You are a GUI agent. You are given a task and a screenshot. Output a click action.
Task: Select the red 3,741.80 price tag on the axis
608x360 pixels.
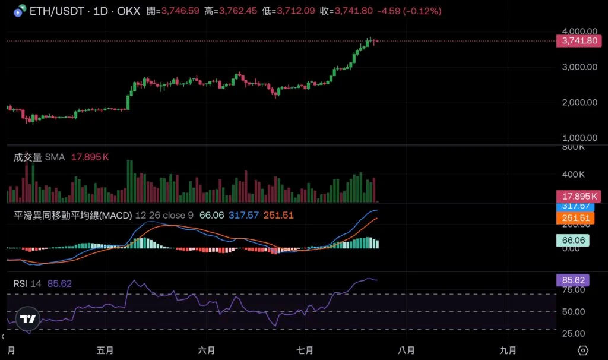[x=578, y=41]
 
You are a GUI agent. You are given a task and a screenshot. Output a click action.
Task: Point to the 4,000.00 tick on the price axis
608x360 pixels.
[x=579, y=31]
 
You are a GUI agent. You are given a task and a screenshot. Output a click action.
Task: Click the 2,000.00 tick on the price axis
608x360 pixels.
[x=579, y=102]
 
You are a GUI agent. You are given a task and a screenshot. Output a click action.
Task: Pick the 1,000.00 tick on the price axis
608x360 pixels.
[x=579, y=138]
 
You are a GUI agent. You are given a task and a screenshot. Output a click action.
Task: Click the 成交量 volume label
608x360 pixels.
[x=28, y=157]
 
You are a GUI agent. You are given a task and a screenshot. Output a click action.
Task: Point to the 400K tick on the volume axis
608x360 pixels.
[x=574, y=175]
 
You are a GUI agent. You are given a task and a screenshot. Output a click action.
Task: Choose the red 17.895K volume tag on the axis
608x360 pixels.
[x=578, y=197]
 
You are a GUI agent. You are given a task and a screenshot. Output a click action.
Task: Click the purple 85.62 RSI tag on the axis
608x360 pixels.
[x=572, y=280]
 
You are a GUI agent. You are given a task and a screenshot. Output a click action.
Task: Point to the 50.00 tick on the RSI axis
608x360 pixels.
[x=574, y=311]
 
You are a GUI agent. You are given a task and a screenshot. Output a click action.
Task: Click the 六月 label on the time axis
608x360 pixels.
[x=207, y=350]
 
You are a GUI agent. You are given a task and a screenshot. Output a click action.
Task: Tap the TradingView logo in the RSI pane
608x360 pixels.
[x=27, y=318]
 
